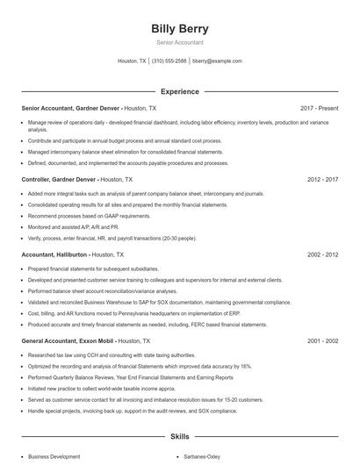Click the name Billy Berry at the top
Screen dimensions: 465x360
[179, 29]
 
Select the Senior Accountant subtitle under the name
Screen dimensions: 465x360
[179, 42]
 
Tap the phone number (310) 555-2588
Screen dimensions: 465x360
[169, 61]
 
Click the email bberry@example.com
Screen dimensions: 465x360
[217, 61]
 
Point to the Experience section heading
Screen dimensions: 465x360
[179, 91]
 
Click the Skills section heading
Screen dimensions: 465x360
[179, 436]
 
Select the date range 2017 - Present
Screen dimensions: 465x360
[319, 108]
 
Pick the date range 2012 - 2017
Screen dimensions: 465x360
[322, 179]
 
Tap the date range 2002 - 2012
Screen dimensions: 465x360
[322, 254]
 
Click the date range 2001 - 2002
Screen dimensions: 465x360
[322, 340]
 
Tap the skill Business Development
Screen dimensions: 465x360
[54, 457]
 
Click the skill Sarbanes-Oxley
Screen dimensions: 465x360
[203, 457]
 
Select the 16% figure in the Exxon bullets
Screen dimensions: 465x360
[247, 367]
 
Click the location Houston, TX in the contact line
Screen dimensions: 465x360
[132, 61]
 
